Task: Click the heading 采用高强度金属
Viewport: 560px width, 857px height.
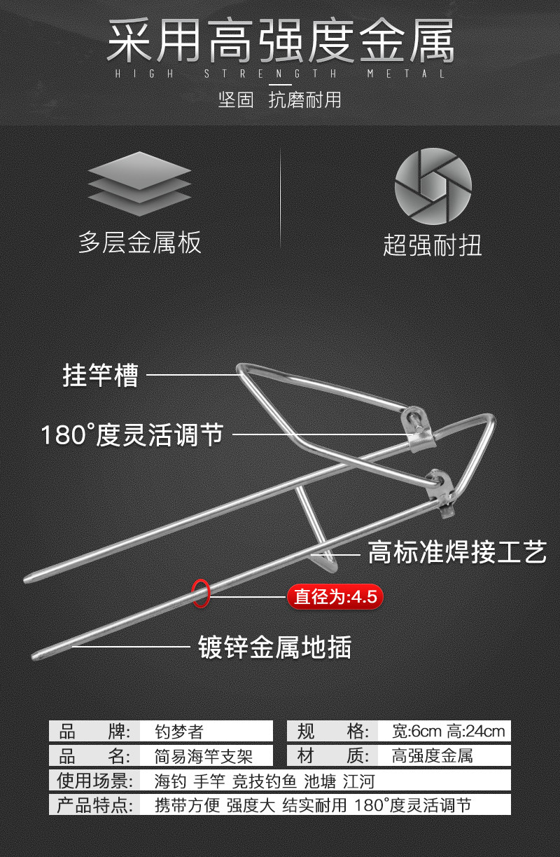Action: (x=280, y=41)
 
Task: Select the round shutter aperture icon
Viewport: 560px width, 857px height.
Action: (x=433, y=186)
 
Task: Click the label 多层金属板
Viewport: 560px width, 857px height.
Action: (x=140, y=242)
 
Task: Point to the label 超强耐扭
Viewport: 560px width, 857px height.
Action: (x=433, y=245)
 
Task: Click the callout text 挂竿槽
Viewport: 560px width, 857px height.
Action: (x=101, y=375)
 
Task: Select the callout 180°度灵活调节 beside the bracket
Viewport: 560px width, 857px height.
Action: (x=132, y=434)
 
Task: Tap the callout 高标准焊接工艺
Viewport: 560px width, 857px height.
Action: (x=456, y=553)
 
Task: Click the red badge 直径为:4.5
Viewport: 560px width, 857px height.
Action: (x=335, y=597)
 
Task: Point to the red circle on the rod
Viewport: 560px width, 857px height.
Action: (x=201, y=593)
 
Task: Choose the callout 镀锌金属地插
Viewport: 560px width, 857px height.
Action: (x=274, y=646)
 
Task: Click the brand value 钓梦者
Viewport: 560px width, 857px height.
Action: (x=178, y=732)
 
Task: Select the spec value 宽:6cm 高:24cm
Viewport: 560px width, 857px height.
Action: (x=448, y=732)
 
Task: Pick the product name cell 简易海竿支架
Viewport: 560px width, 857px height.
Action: (x=203, y=756)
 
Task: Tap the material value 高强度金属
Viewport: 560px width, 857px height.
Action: (x=432, y=756)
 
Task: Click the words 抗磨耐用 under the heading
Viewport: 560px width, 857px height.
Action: (x=304, y=100)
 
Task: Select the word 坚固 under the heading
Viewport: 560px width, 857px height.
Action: (x=236, y=100)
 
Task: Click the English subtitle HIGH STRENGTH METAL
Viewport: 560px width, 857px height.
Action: (x=280, y=74)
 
